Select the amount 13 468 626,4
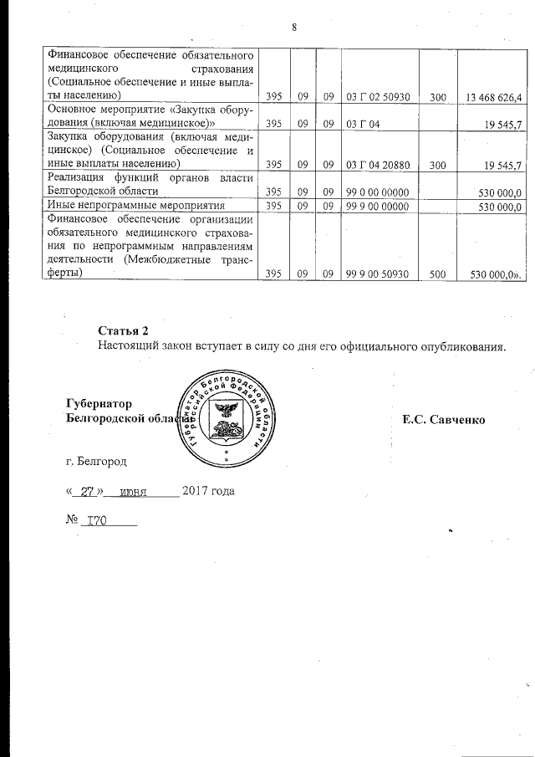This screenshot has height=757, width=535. point(492,98)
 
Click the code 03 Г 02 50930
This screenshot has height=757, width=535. point(377,98)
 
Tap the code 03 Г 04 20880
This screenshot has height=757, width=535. point(377,165)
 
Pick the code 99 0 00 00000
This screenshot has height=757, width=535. point(377,192)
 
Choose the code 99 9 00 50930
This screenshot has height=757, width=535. point(377,274)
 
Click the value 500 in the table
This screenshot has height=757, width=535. point(438,274)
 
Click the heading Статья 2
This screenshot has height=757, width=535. point(123,330)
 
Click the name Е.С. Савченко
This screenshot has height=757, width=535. point(444,417)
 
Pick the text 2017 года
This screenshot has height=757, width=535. point(208,491)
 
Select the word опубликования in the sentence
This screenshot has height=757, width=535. point(464,345)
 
